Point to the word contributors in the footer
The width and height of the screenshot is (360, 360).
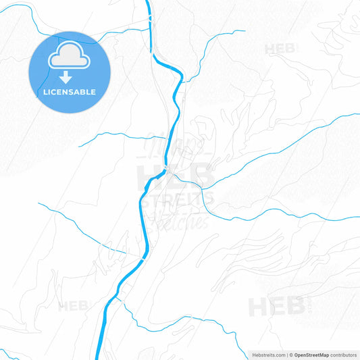344,355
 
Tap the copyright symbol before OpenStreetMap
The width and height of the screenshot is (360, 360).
291,355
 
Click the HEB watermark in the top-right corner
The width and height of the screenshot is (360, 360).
279,49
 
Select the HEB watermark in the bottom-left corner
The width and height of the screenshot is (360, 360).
73,306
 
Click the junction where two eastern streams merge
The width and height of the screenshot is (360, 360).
203,188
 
